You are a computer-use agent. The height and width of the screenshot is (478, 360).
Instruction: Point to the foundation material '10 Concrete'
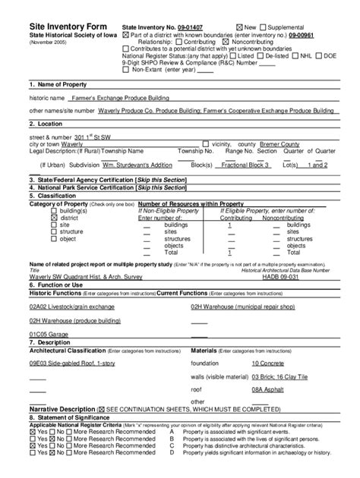pyautogui.click(x=270, y=363)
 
